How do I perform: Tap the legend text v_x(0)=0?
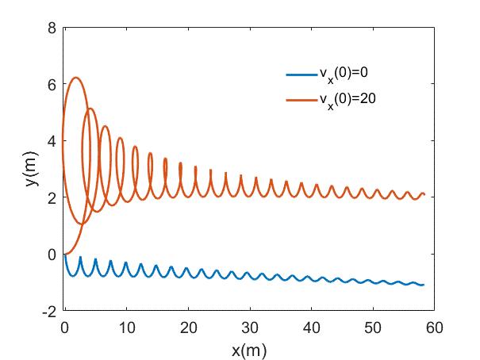coord(344,74)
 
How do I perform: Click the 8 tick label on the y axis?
coord(52,28)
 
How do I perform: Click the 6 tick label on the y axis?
coord(52,85)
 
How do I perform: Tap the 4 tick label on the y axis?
coord(52,141)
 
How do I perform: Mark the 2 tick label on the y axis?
coord(52,197)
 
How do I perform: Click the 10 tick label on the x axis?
coord(125,326)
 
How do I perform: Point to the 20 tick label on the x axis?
coord(187,326)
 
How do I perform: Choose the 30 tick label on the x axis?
coord(249,326)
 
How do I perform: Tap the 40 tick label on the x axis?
coord(311,326)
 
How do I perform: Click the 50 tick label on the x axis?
coord(373,326)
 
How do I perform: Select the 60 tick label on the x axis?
coord(435,326)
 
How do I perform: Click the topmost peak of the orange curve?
coord(75,78)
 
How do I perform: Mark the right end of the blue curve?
coord(424,285)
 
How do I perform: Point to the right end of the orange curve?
coord(424,194)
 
